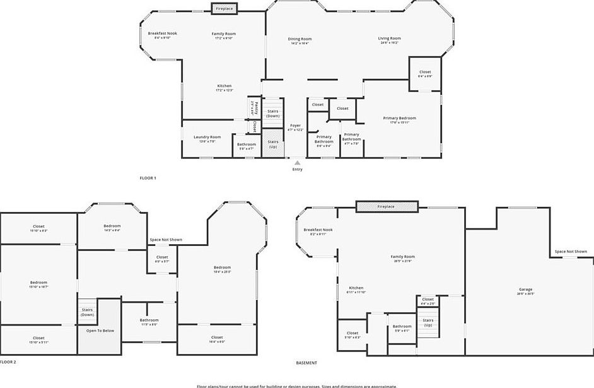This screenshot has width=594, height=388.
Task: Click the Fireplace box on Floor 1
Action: tap(224, 8)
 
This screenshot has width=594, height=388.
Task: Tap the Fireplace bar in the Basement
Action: tap(386, 206)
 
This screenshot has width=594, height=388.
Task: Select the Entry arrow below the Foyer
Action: tap(297, 163)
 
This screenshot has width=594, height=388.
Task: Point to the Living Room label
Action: tap(389, 40)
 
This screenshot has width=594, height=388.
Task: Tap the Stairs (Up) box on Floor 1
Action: tap(272, 143)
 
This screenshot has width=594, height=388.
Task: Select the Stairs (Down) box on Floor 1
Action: tap(272, 114)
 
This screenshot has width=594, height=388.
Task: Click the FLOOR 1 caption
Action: tap(148, 178)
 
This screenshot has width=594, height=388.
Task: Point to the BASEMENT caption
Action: tap(306, 363)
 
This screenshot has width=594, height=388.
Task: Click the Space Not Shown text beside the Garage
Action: tap(570, 252)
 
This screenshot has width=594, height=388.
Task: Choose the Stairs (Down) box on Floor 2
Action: tap(87, 312)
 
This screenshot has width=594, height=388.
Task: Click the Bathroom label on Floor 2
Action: tap(149, 322)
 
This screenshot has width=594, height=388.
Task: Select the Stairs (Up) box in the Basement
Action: tap(428, 322)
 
